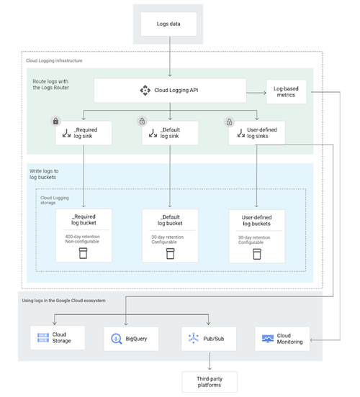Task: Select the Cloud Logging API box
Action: coord(169,91)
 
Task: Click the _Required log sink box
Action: coord(84,133)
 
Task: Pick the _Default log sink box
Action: coord(170,133)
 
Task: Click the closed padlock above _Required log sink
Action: coord(55,122)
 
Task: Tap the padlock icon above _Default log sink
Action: coord(142,122)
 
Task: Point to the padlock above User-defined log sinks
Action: coord(229,122)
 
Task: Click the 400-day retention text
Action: coord(84,237)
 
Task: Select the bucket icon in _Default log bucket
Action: coord(171,254)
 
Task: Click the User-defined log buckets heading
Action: coord(257,219)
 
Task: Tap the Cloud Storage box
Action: coord(57,337)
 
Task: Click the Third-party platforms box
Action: coord(210,381)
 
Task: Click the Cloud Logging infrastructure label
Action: coord(54,61)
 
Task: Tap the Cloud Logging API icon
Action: coord(143,91)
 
